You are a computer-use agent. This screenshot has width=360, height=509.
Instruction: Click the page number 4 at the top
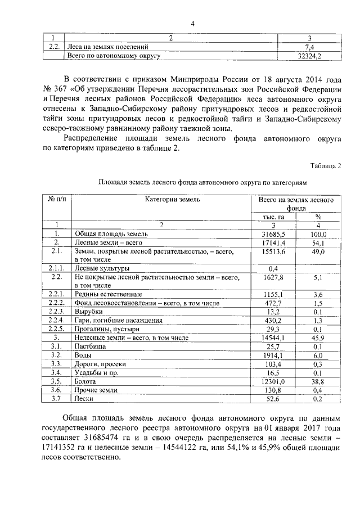tap(192, 24)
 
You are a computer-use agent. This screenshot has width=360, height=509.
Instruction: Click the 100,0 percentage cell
tap(318, 233)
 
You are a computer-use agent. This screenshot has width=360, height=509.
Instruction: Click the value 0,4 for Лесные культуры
tap(274, 268)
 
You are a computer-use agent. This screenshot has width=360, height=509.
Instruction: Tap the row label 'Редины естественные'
tap(108, 294)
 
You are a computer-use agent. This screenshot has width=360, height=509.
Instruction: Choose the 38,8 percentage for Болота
tap(318, 381)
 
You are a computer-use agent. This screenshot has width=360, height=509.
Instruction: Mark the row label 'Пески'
tap(85, 398)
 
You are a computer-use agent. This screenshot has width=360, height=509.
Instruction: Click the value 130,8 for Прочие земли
tap(274, 390)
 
